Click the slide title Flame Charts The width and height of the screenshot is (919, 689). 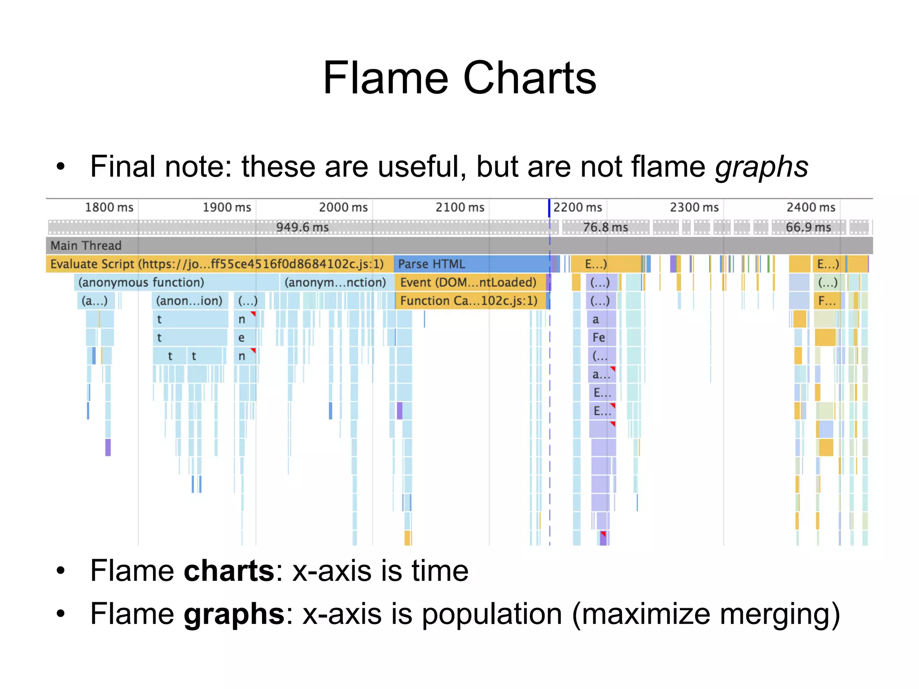pos(459,78)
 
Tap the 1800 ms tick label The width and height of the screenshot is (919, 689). pos(109,208)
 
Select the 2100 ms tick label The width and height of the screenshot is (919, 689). pos(460,208)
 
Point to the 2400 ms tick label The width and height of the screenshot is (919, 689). pos(811,208)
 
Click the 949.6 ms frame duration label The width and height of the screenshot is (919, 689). pos(302,227)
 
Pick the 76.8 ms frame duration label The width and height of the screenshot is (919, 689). pos(605,227)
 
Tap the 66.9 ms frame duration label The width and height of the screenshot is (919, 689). pos(808,227)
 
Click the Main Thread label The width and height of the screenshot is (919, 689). pos(86,246)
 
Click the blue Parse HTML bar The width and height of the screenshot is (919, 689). pos(471,264)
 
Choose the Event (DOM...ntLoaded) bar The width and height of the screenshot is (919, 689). pos(469,283)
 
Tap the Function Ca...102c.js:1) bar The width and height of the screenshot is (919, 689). pos(469,301)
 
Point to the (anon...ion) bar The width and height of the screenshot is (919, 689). pos(189,301)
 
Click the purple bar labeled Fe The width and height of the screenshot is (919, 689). pos(599,337)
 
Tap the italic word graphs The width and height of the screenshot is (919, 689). pos(761,167)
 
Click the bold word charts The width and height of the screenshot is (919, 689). pos(229,571)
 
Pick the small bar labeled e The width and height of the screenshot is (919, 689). pos(242,337)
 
